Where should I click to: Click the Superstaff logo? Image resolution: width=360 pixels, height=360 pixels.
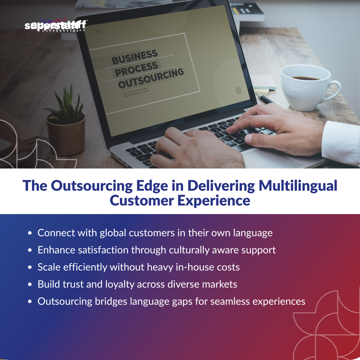(56, 26)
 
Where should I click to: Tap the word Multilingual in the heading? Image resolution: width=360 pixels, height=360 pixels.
(298, 185)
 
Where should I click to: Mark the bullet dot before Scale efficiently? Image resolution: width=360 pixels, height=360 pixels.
(30, 268)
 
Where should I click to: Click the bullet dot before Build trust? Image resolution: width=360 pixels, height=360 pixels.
(30, 285)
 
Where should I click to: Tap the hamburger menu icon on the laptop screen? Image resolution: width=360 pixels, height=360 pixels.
(98, 32)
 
